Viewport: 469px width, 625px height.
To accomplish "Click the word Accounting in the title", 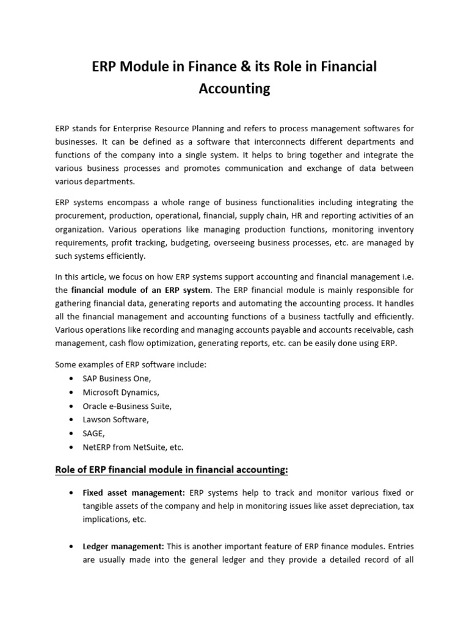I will click(x=234, y=89).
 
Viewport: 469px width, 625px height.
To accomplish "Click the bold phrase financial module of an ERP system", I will click(x=140, y=289).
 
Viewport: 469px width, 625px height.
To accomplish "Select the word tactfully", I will click(x=330, y=316).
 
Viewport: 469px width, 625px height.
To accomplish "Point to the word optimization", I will click(x=173, y=343).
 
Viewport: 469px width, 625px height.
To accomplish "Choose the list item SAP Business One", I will click(x=117, y=378).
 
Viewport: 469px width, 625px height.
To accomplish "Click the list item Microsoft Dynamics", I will click(x=121, y=392).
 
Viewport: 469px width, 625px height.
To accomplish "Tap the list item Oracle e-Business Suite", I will click(x=127, y=406).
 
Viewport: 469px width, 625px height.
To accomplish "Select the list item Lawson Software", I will click(x=115, y=419).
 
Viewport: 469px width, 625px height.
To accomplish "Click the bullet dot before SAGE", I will click(x=71, y=433).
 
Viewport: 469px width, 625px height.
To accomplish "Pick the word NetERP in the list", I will click(x=96, y=447).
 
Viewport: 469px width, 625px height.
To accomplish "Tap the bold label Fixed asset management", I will click(x=134, y=493).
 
